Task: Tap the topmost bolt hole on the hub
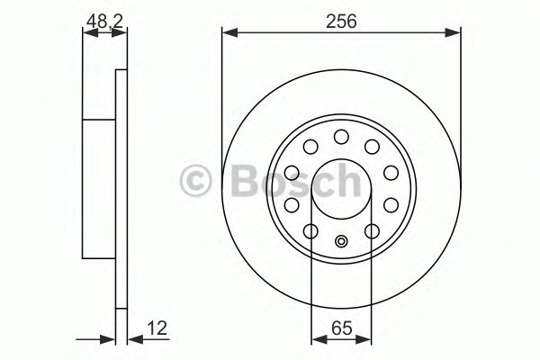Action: [x=341, y=137]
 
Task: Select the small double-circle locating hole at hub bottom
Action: [x=341, y=241]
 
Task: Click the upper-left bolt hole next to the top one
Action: [x=311, y=147]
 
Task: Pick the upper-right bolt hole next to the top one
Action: [x=371, y=147]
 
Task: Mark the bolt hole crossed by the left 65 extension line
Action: [x=311, y=232]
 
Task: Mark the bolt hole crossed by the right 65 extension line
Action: [x=371, y=232]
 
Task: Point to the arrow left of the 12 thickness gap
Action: [x=110, y=339]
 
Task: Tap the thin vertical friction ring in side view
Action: [x=121, y=189]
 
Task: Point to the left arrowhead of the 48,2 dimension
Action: [x=87, y=34]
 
